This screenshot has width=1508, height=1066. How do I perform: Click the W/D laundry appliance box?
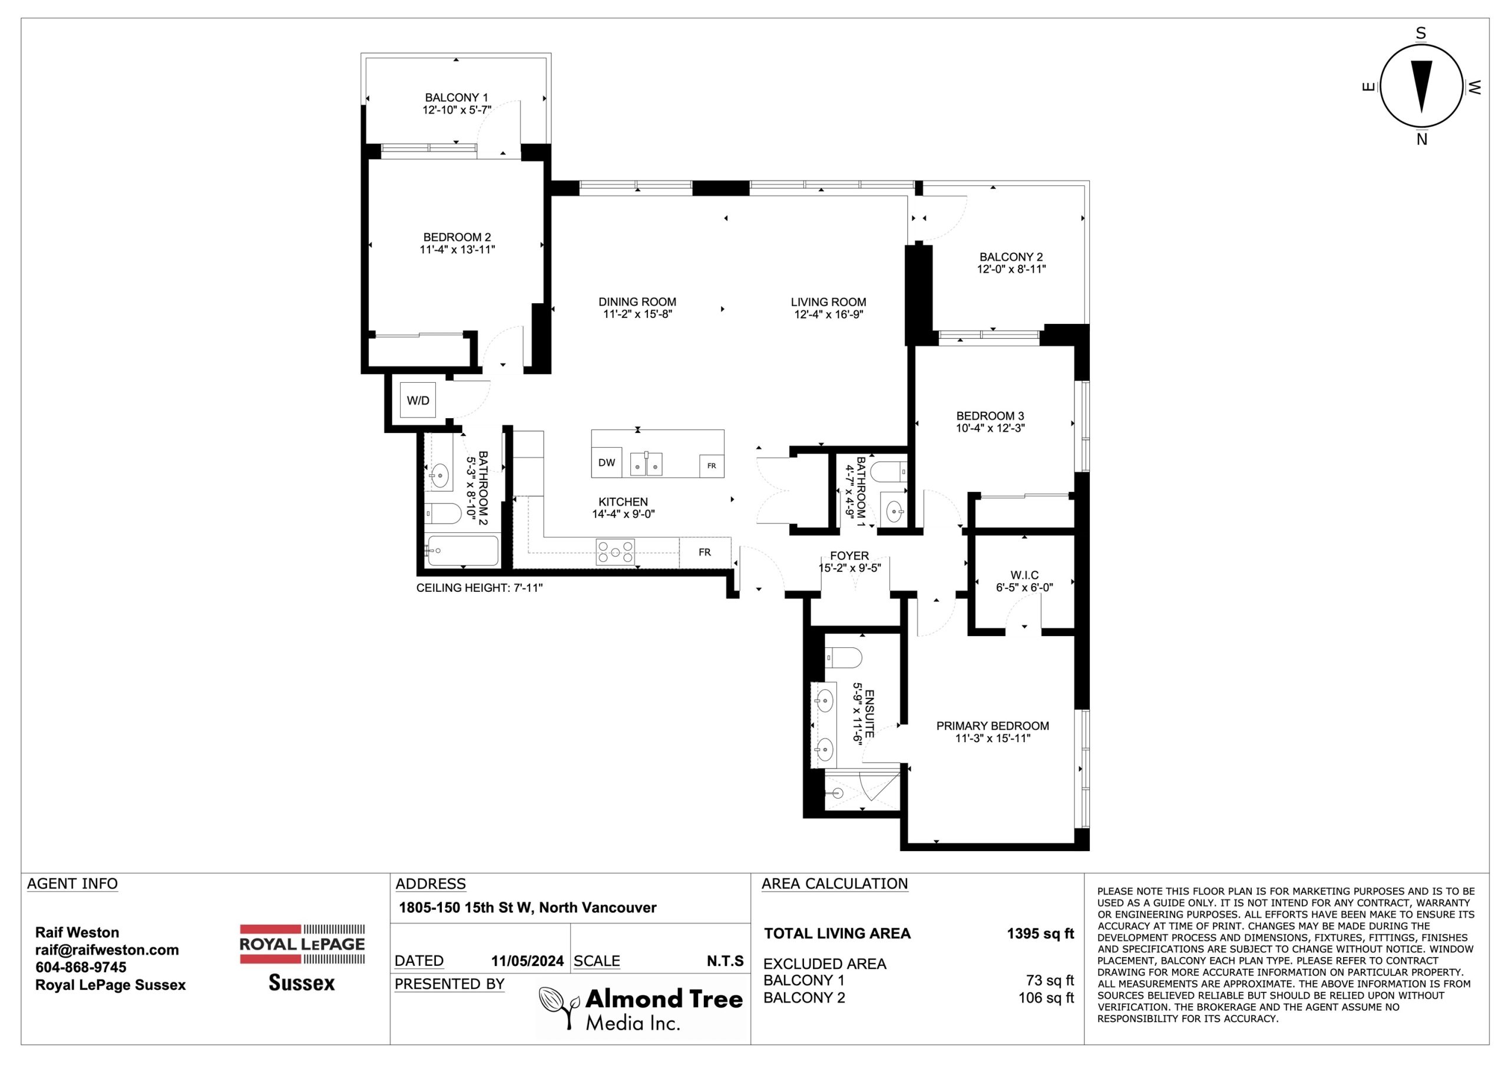point(418,399)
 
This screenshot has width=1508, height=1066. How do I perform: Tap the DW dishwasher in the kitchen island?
point(606,462)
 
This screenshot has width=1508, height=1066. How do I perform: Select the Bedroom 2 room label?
point(457,237)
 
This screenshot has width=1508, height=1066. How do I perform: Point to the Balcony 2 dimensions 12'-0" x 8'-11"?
point(1011,269)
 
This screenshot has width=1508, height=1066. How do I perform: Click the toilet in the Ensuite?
point(844,656)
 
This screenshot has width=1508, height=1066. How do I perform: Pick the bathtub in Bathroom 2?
point(462,551)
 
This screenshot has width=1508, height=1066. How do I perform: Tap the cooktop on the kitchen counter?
point(616,552)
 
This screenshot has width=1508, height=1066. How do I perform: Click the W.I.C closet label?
point(1024,575)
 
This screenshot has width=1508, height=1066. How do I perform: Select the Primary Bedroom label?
point(993,726)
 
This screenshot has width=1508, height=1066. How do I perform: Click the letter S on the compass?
point(1421,34)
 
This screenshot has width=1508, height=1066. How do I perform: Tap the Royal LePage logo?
point(302,958)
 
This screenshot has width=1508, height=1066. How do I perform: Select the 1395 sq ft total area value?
point(1040,933)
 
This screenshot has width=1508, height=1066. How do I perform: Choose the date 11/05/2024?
point(527,962)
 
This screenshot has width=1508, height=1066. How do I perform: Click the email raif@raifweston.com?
point(107,950)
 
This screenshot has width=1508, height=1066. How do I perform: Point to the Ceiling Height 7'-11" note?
point(479,588)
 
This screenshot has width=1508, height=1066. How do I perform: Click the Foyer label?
point(849,555)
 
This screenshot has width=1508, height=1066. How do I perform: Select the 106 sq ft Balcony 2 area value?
point(1046,998)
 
